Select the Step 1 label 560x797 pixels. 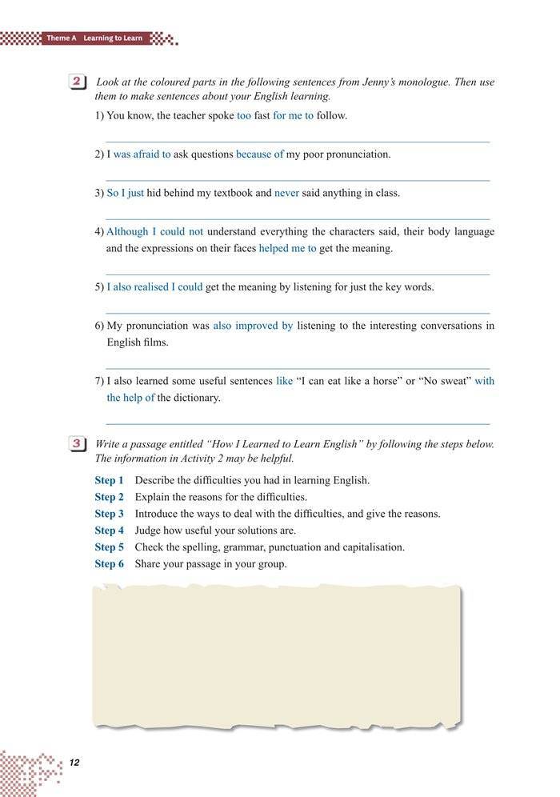[x=110, y=481]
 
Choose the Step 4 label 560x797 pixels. [x=110, y=531]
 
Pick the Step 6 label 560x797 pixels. [x=110, y=564]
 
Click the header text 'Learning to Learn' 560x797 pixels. [x=116, y=38]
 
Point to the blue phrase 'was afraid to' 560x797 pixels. [x=142, y=154]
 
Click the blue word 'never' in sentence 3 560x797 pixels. [x=286, y=193]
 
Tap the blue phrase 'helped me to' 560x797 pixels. [x=287, y=249]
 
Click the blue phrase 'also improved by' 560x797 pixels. [x=253, y=326]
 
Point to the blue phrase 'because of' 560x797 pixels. [x=259, y=154]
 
